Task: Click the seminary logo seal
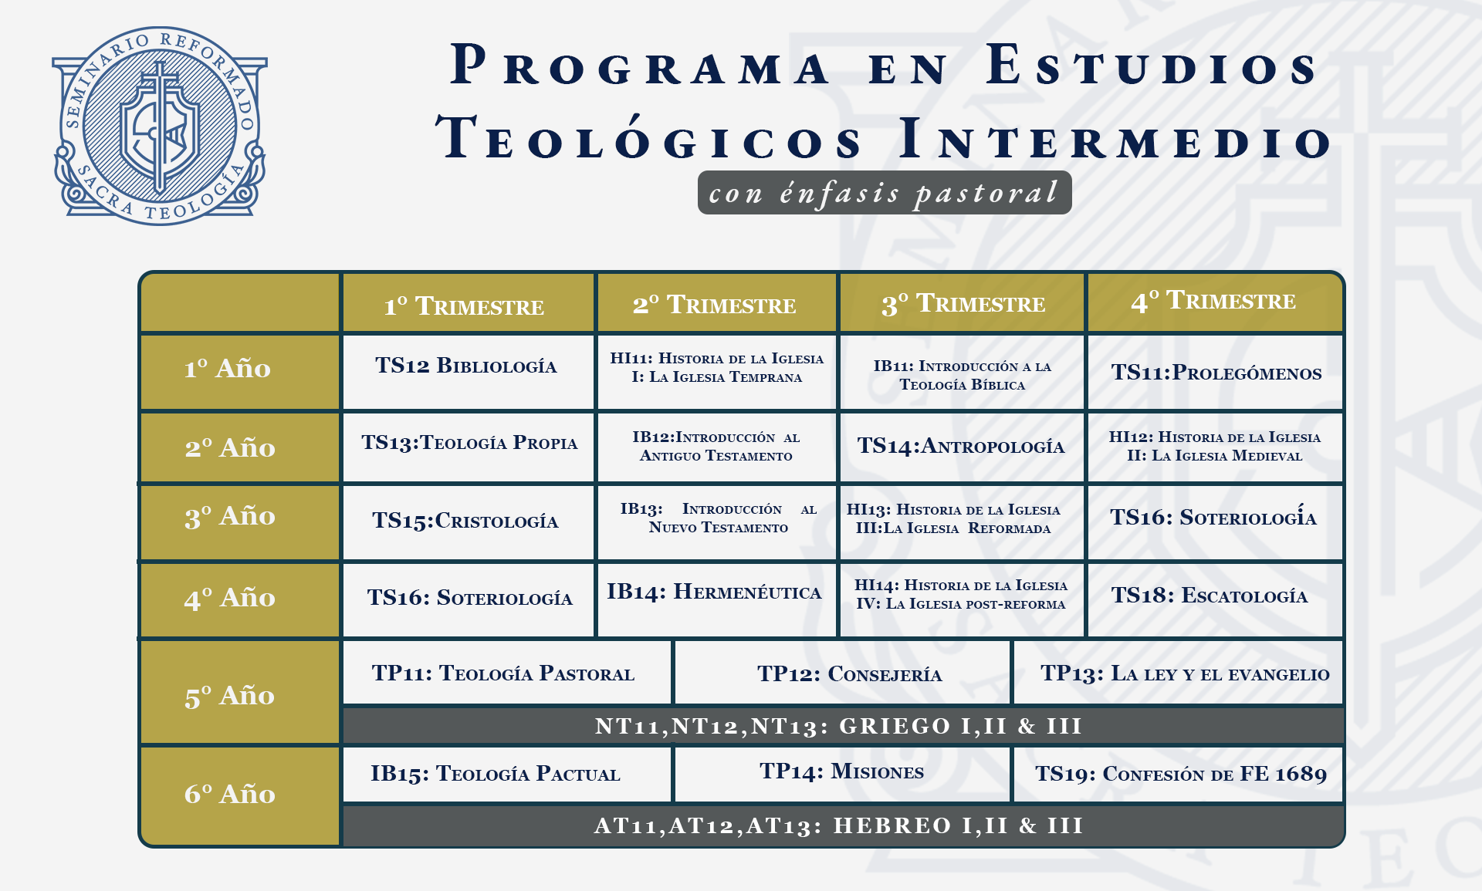tap(160, 126)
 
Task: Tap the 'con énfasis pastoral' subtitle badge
tap(885, 192)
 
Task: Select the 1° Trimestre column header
tap(468, 303)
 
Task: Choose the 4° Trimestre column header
tap(1214, 302)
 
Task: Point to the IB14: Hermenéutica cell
tap(716, 599)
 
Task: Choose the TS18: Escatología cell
tap(1215, 599)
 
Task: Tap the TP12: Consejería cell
tap(842, 672)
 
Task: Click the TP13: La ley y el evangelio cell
tap(1178, 672)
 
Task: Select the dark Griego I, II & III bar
tap(843, 726)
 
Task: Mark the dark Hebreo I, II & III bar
tap(843, 825)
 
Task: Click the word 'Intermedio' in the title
tap(1116, 139)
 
